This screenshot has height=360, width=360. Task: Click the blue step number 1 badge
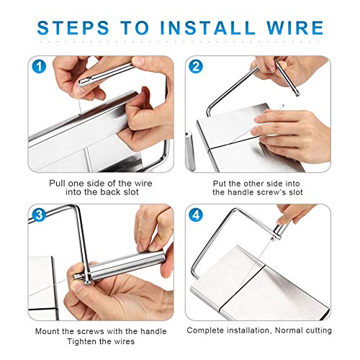click(39, 66)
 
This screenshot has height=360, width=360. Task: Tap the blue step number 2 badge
click(196, 66)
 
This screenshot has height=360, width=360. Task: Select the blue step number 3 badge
click(39, 215)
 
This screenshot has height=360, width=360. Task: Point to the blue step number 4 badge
click(196, 215)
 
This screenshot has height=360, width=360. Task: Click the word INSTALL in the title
click(207, 28)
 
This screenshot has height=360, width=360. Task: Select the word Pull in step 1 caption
click(58, 184)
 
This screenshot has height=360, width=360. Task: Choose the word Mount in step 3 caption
click(48, 331)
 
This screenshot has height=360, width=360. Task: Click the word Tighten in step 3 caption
click(81, 341)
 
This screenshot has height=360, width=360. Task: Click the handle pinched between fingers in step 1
click(106, 75)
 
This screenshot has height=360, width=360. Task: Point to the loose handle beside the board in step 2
click(190, 150)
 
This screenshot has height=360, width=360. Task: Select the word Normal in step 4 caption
click(286, 330)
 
